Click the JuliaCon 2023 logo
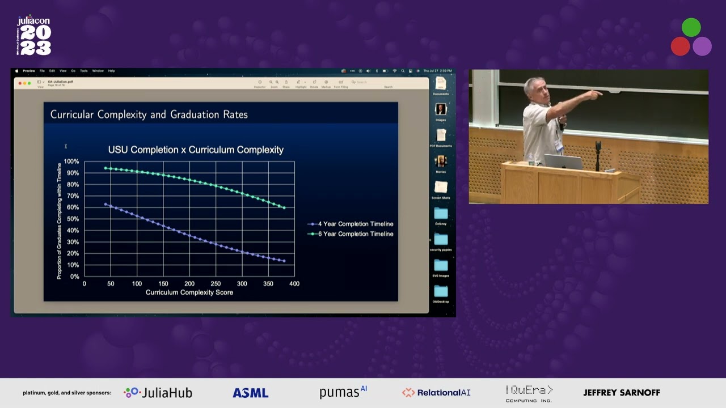coord(35,36)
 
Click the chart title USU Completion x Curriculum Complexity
coord(196,150)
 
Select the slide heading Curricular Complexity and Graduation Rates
coord(149,114)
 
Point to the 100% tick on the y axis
coord(71,161)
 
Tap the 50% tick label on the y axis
coord(72,219)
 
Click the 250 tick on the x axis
coord(216,283)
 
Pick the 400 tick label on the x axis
coord(294,283)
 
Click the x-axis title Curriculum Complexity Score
coord(189,292)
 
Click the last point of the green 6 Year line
coord(284,208)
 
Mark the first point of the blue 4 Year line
coord(105,204)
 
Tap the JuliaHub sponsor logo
coord(158,393)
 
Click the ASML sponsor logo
coord(250,393)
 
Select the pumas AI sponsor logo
coord(343,392)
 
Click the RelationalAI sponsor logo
coord(436,393)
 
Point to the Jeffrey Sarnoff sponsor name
coord(622,393)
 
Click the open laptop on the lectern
coord(563,162)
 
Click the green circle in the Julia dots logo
coord(691,27)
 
